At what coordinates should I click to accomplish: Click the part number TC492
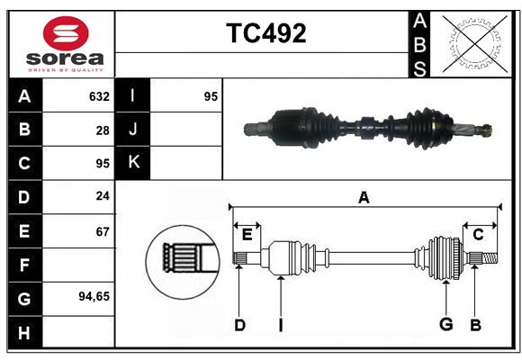(x=265, y=33)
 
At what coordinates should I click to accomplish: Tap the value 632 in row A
(x=99, y=96)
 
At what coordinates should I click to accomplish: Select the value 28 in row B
(x=102, y=130)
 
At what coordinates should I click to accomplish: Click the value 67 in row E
(x=102, y=232)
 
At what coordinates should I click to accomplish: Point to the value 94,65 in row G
(x=94, y=296)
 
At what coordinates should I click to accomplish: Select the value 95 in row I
(x=211, y=96)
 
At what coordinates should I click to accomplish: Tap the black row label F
(x=24, y=265)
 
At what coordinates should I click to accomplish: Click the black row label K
(x=133, y=163)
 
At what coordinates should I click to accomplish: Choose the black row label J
(x=133, y=130)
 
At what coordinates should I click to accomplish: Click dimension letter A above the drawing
(x=364, y=198)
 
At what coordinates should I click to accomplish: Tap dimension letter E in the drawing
(x=247, y=235)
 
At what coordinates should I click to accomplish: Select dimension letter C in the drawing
(x=478, y=235)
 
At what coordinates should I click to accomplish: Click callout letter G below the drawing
(x=445, y=325)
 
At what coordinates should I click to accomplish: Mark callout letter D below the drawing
(x=239, y=325)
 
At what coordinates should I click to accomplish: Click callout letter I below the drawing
(x=280, y=325)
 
